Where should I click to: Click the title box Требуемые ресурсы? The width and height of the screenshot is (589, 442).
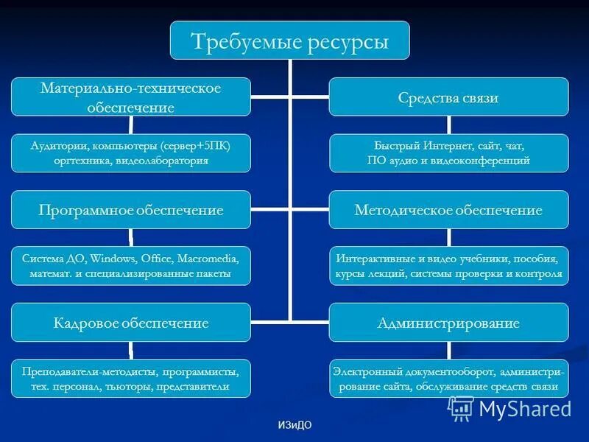290,41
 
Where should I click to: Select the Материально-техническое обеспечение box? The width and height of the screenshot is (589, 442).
130,97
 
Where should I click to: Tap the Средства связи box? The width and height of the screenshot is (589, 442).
448,97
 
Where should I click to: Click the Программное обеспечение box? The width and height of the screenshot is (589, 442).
130,210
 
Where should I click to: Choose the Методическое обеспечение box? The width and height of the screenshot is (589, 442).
448,210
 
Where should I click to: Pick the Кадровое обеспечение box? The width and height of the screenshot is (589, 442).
130,323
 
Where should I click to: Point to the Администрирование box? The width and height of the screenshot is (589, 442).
448,323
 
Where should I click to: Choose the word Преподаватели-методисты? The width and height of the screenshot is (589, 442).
88,372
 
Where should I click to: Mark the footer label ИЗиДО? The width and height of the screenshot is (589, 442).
291,427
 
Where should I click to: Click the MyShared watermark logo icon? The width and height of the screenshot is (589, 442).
462,407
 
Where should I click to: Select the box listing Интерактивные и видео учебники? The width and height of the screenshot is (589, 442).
448,266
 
